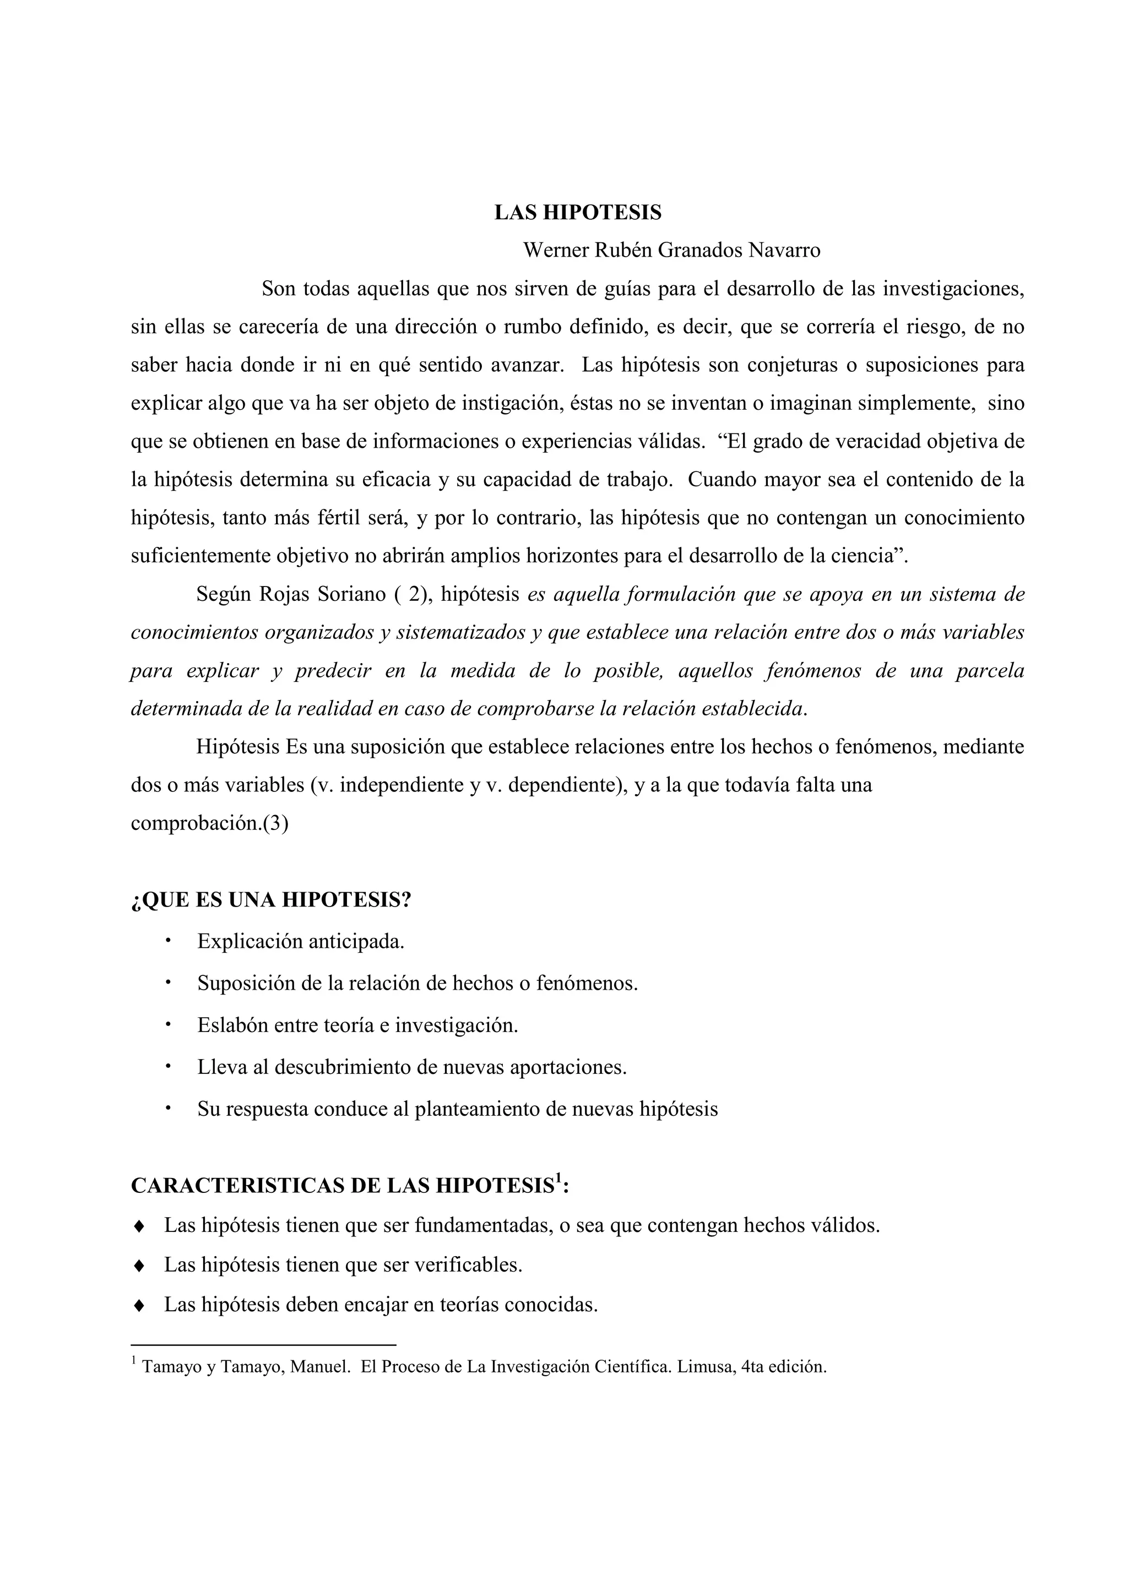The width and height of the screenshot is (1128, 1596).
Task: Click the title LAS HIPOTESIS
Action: (578, 213)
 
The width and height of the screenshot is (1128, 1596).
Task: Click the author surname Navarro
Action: (784, 250)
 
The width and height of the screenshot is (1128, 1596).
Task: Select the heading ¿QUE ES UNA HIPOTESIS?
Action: (271, 900)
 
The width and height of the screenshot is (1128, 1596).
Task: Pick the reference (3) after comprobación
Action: (276, 824)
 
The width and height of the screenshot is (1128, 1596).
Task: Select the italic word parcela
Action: (990, 671)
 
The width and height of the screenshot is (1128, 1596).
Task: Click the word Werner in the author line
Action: (555, 250)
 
